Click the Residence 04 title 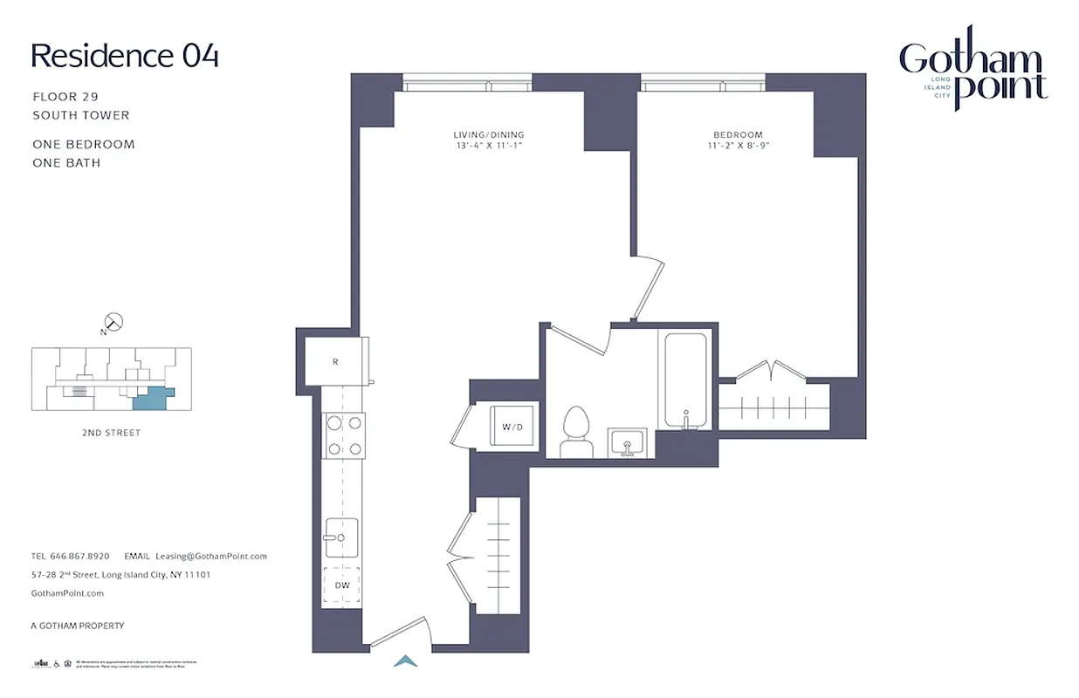(x=125, y=56)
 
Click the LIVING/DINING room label (x=488, y=134)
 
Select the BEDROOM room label (x=738, y=134)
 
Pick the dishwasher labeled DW (x=342, y=585)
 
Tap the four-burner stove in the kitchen (x=344, y=435)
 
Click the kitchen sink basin (x=341, y=537)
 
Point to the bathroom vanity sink (x=626, y=442)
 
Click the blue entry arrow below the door (x=405, y=661)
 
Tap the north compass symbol (x=113, y=323)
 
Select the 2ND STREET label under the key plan (x=111, y=433)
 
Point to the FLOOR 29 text (x=66, y=97)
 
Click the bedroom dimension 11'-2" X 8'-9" (x=738, y=146)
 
